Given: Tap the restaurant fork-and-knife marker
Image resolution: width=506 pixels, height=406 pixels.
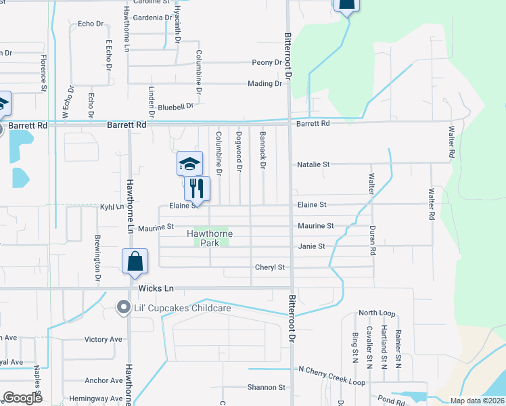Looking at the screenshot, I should tap(197, 188).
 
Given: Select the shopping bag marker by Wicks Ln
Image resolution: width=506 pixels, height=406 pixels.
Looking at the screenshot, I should tap(135, 262).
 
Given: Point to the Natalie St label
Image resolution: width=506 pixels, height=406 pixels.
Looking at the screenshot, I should tap(313, 164).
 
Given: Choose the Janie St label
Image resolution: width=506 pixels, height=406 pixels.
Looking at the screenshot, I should tap(312, 247).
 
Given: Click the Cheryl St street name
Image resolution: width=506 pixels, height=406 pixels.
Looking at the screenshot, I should tap(269, 267).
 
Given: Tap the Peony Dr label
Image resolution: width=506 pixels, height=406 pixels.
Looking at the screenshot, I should tap(267, 63).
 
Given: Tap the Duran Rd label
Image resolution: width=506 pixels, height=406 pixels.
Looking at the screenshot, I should tap(372, 240).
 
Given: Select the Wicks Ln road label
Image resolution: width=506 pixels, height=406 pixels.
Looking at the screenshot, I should tap(156, 288).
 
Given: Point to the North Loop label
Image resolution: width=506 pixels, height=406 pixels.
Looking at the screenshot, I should tap(377, 313).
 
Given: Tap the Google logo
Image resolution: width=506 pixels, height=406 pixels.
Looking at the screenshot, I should tap(22, 398).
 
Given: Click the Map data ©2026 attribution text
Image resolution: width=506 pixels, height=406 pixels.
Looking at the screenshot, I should tap(477, 401).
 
